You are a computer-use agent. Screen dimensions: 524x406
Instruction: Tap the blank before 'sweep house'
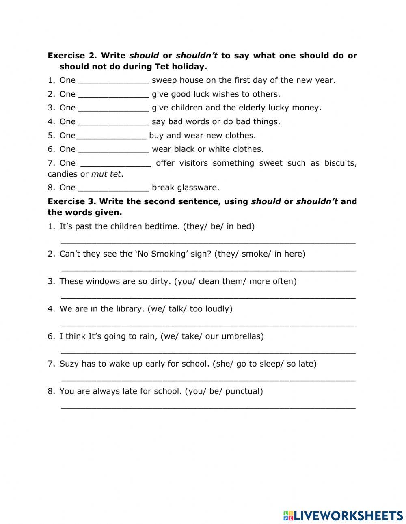point(113,81)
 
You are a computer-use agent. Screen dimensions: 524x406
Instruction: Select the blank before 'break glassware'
point(113,188)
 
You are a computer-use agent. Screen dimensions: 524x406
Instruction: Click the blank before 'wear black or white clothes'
point(113,150)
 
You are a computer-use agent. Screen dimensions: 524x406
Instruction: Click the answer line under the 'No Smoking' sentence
point(208,269)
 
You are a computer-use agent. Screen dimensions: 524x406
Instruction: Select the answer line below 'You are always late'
point(208,406)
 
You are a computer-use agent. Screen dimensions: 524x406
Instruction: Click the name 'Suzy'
point(69,364)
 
